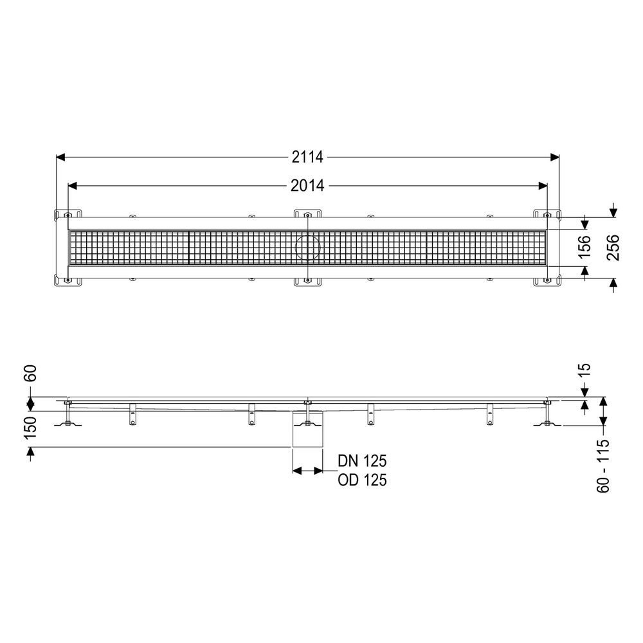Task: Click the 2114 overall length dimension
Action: tap(307, 157)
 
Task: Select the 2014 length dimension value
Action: tap(307, 186)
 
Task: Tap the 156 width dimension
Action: tap(584, 246)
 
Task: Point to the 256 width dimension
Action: tap(613, 248)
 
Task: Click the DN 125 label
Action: tap(362, 461)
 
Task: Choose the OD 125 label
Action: tap(362, 480)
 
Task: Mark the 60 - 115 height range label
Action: tap(603, 466)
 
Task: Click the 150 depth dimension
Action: tap(31, 428)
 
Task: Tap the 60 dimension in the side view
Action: tap(31, 373)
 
